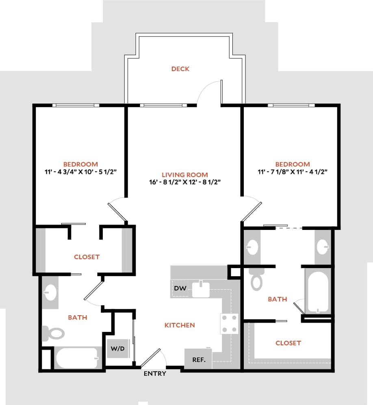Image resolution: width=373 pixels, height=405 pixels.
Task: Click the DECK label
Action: click(x=180, y=69)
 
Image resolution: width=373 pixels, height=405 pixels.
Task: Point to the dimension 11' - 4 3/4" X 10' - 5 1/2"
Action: click(x=80, y=172)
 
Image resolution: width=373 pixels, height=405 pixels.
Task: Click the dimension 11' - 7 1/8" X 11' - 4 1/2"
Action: click(x=293, y=172)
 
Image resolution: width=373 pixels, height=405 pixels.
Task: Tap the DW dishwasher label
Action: click(x=180, y=288)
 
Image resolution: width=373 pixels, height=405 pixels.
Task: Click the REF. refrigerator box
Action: click(x=198, y=360)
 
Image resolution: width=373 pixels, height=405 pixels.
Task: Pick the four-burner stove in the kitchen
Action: click(x=229, y=324)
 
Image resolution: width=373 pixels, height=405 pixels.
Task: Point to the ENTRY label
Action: click(x=155, y=374)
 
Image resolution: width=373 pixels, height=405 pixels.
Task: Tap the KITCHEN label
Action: click(x=180, y=325)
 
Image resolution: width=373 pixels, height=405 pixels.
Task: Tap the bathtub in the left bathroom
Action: click(x=77, y=358)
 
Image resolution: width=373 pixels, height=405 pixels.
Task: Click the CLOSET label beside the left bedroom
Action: click(x=87, y=257)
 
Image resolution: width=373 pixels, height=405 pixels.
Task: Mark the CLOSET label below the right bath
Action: click(x=288, y=343)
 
